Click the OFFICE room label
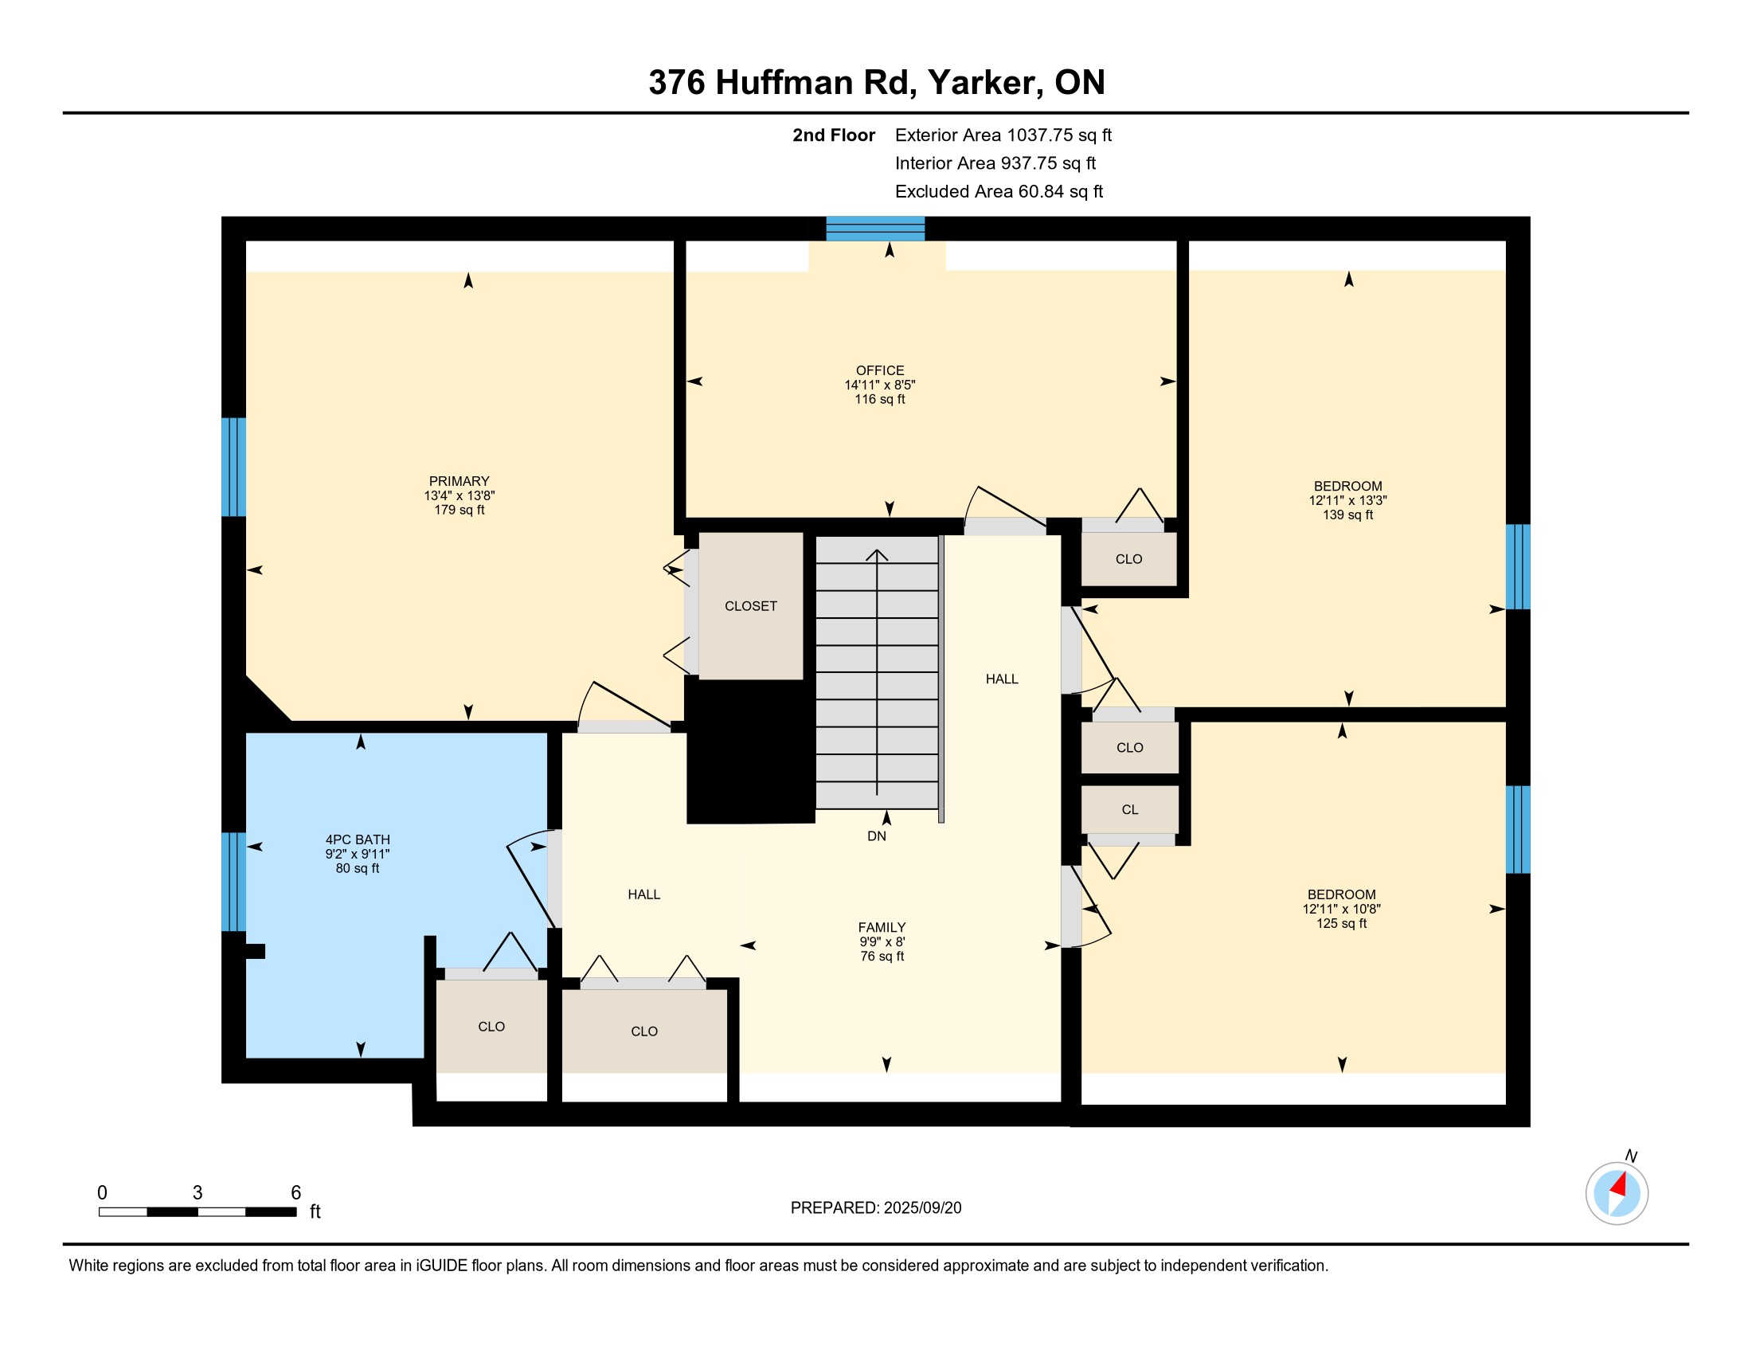tap(880, 370)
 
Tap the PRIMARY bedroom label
tap(459, 481)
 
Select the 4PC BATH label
tap(358, 839)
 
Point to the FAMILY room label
tap(882, 927)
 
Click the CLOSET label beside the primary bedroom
tap(751, 606)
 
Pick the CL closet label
tap(1129, 810)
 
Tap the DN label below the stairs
tap(877, 835)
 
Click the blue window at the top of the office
tap(875, 229)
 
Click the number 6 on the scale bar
tap(295, 1193)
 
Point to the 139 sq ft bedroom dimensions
tap(1347, 500)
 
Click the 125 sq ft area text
tap(1341, 923)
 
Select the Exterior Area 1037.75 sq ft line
tap(1003, 135)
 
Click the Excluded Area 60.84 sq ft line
tap(999, 192)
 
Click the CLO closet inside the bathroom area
tap(491, 1027)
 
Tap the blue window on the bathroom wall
tap(233, 882)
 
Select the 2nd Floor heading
tap(834, 135)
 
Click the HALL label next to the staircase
tap(1002, 679)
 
